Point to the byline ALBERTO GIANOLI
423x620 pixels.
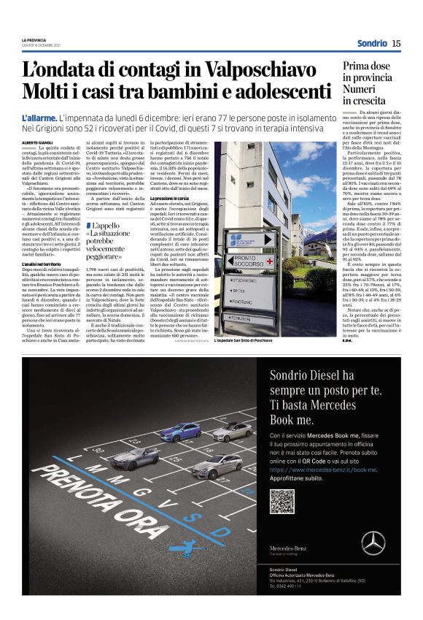point(38,142)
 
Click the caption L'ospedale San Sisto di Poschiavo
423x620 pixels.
point(244,340)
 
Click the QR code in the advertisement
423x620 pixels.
point(282,502)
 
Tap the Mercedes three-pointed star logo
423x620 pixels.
point(374,543)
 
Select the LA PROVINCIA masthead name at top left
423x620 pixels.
point(34,40)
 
